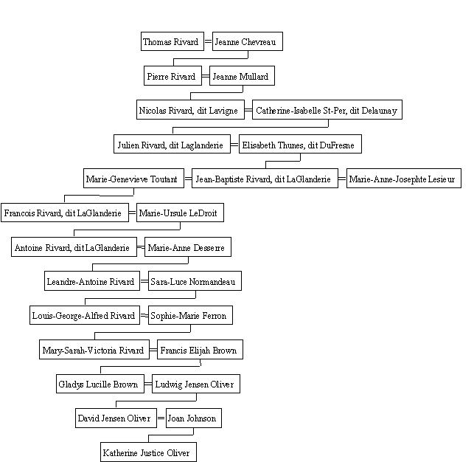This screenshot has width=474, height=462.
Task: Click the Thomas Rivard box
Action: point(172,41)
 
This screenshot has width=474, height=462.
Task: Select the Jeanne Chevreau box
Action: point(248,41)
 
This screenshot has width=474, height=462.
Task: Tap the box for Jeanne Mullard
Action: point(242,75)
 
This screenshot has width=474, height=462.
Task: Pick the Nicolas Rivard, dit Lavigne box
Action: point(190,109)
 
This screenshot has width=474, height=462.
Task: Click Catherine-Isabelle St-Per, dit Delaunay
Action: point(327,109)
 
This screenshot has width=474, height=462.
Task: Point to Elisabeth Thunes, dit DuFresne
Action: point(300,144)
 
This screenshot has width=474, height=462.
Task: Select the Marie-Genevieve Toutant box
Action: point(133,178)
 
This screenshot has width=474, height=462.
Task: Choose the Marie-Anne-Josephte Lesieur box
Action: point(404,178)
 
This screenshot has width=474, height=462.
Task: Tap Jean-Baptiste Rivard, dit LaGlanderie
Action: point(265,178)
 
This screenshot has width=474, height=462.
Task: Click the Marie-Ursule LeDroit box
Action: point(180,213)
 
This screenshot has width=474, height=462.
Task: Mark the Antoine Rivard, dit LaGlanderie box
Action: point(74,247)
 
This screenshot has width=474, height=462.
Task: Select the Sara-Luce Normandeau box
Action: point(195,280)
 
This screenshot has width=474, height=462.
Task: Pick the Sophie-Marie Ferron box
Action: point(190,315)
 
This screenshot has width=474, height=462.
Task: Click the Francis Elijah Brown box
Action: point(200,349)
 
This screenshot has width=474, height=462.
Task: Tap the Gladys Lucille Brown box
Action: point(100,384)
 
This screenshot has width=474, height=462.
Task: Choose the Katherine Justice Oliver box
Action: point(148,452)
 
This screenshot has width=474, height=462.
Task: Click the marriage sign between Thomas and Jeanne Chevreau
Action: point(209,41)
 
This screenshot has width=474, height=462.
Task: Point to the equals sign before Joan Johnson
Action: point(161,418)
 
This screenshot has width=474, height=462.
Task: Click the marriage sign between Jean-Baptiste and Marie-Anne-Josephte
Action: point(342,179)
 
